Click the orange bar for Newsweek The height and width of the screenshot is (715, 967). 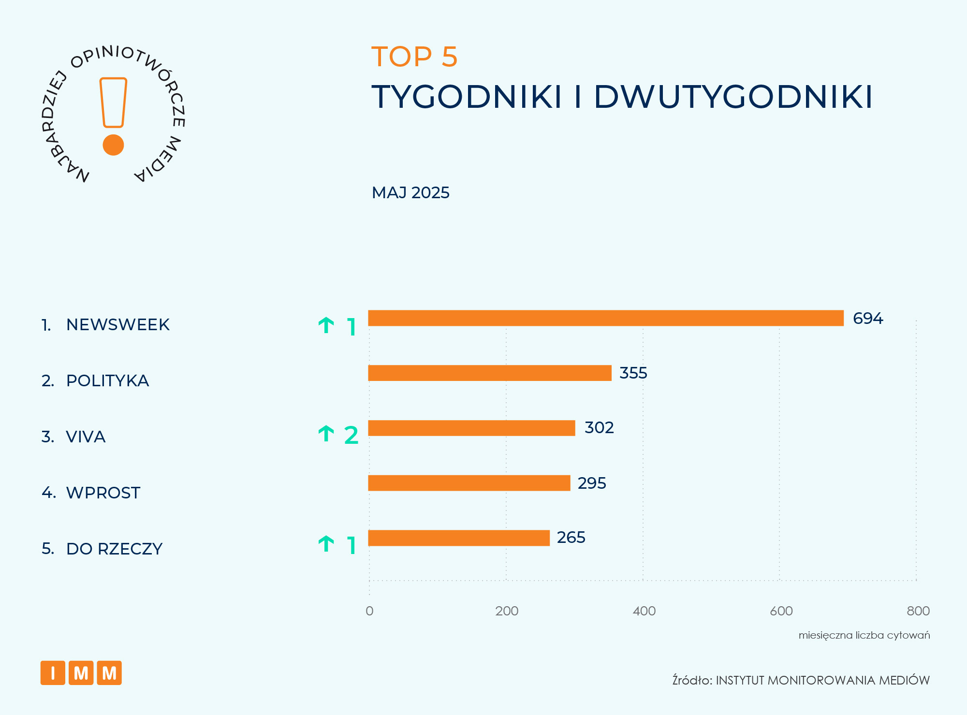tap(605, 318)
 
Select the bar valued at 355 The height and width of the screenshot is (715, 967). tap(489, 373)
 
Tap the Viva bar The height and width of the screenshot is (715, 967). tap(471, 428)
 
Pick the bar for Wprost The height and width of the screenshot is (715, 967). tap(469, 483)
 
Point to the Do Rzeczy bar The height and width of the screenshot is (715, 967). tap(458, 538)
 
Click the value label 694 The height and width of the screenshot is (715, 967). tap(867, 319)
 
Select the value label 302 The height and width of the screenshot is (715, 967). tap(599, 428)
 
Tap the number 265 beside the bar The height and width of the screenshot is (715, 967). tap(571, 538)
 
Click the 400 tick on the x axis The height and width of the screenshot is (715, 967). tap(644, 611)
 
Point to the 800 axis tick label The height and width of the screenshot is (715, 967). tap(918, 611)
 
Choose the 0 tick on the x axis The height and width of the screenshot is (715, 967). tap(369, 611)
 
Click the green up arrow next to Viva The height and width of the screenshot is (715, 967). tap(326, 434)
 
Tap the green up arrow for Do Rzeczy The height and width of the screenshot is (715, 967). tap(326, 544)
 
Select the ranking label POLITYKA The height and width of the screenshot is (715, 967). tap(107, 381)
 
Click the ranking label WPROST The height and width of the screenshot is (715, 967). tap(103, 493)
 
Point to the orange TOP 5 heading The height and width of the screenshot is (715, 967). tap(414, 57)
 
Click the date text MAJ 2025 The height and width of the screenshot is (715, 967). tap(410, 193)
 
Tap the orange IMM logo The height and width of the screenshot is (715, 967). tap(81, 673)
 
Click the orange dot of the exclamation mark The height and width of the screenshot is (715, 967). tap(113, 145)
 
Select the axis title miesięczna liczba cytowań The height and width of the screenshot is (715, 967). tap(864, 635)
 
